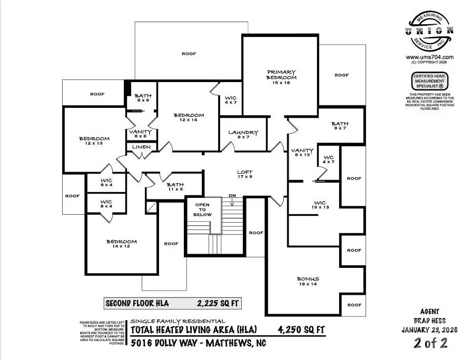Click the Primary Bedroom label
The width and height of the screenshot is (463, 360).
pos(281,75)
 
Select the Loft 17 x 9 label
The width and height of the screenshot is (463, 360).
pos(244,174)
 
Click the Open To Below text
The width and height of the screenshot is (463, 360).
pos(203,209)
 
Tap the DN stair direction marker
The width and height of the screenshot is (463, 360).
pos(232,196)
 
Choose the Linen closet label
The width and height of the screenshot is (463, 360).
pos(141,147)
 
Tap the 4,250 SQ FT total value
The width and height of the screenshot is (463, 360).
pos(301,330)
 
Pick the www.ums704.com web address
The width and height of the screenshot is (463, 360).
pos(429,57)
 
